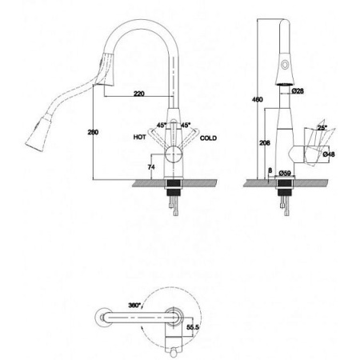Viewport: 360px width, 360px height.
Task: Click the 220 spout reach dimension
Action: point(138,94)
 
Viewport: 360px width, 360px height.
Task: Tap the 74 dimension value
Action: point(151,166)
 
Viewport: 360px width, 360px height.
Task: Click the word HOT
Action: point(139,138)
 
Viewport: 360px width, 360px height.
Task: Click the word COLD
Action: point(209,138)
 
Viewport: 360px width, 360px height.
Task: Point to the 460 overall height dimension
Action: point(257,99)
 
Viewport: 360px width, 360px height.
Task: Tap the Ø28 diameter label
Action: point(297,92)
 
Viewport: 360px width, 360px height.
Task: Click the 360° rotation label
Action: point(134,306)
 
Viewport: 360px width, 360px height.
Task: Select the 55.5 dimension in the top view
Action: point(191,328)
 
